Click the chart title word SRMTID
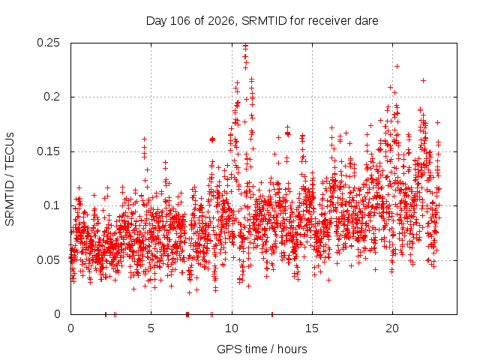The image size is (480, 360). (x=264, y=21)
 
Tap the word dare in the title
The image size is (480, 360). (x=367, y=21)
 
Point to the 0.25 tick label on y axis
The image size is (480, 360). (x=48, y=43)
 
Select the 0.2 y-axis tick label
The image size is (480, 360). (x=52, y=97)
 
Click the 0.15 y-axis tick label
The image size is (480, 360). (x=48, y=151)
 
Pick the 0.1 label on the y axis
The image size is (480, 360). (x=52, y=205)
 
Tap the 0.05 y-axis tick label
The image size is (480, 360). (x=48, y=260)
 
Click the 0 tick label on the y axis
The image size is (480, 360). (x=57, y=314)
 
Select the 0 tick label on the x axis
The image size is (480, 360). (x=70, y=328)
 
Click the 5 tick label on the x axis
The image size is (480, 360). (x=151, y=328)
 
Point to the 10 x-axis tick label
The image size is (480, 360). (x=232, y=328)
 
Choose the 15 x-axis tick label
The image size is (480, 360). (x=312, y=328)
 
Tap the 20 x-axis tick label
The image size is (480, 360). (x=392, y=328)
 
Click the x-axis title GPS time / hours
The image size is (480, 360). (x=262, y=349)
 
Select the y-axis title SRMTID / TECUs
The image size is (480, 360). (x=10, y=179)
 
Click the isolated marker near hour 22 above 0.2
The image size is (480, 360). (x=423, y=80)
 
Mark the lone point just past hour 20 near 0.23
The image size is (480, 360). (x=397, y=66)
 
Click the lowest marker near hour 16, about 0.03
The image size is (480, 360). (x=329, y=280)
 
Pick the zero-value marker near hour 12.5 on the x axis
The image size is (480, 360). (x=272, y=314)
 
